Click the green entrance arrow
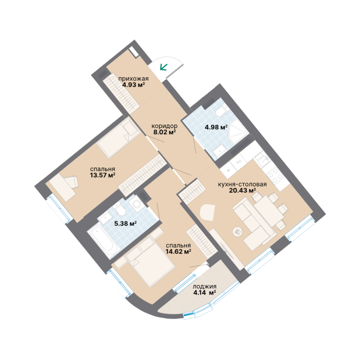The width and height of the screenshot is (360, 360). pos(164,67)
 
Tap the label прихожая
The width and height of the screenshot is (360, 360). pos(134,79)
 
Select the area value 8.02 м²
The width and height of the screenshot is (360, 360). pos(165,132)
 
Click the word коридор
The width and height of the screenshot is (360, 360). pos(165,126)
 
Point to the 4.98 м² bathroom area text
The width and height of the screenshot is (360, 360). pos(216,127)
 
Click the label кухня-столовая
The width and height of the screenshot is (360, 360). pos(242,184)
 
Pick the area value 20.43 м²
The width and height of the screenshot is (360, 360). pos(242,190)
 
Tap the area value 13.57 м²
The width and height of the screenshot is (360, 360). pos(103,175)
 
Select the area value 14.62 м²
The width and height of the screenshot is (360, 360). pos(179,252)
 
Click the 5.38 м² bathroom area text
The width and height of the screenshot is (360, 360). pos(126,223)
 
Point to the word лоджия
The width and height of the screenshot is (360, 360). pos(204,287)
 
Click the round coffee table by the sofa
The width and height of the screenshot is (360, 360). pos(237,232)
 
